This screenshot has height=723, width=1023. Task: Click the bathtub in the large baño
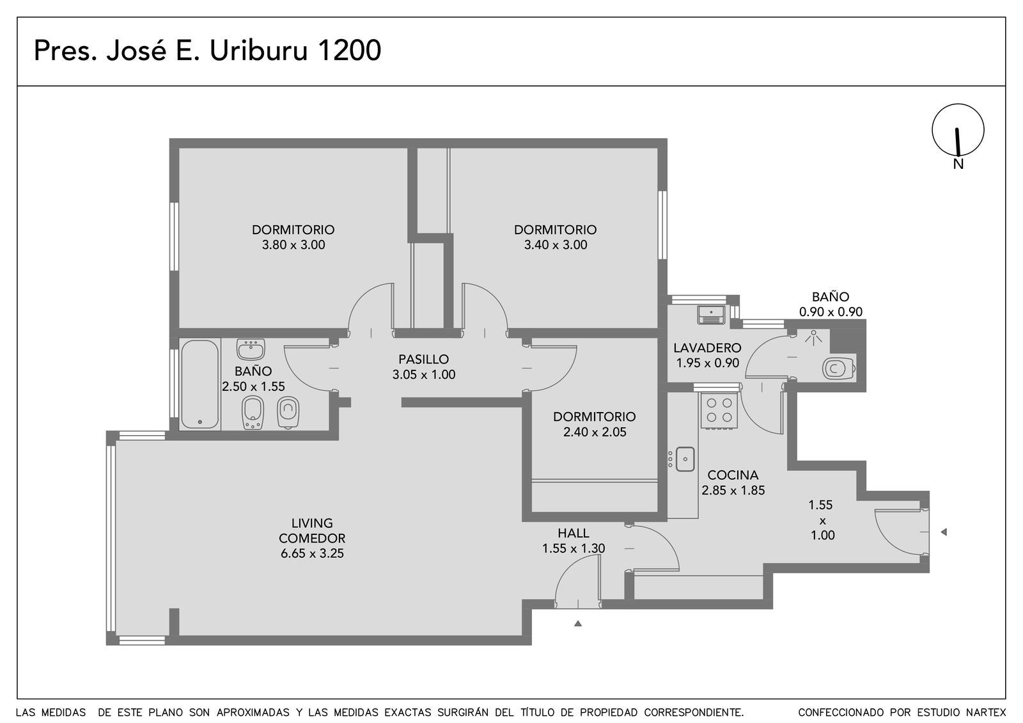pos(199,385)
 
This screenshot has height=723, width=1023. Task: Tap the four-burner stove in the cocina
pos(719,410)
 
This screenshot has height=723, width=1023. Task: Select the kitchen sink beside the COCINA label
pos(685,459)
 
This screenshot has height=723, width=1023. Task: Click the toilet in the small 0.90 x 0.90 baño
pos(839,368)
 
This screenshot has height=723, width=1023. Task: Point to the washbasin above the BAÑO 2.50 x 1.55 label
pos(250,349)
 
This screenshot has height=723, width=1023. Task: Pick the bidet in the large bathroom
pos(253,413)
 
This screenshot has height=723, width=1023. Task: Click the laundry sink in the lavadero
pos(711,315)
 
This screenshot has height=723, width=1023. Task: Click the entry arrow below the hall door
pos(578,623)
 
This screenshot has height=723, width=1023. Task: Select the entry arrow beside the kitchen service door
pos(944,532)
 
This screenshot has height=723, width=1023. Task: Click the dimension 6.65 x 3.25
pos(312,553)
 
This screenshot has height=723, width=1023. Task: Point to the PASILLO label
pos(423,359)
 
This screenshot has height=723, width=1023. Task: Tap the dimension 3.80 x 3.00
pos(293,245)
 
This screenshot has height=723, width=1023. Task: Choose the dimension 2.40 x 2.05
pos(595,432)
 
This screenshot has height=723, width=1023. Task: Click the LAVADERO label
pos(707,348)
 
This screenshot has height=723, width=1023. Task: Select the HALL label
pos(573,533)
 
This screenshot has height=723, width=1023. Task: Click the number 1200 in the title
pos(348,51)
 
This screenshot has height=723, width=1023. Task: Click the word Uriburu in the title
pos(258,51)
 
